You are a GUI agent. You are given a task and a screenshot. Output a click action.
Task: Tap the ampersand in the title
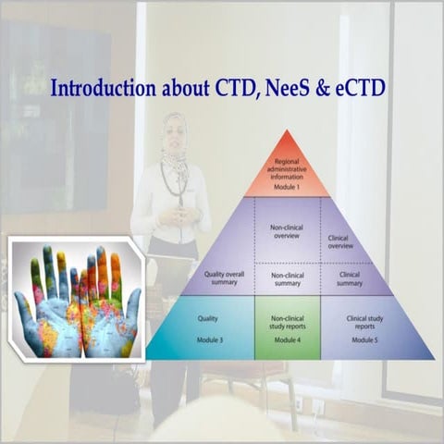tap(310, 90)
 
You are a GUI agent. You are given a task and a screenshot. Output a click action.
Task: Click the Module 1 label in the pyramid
tap(289, 186)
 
